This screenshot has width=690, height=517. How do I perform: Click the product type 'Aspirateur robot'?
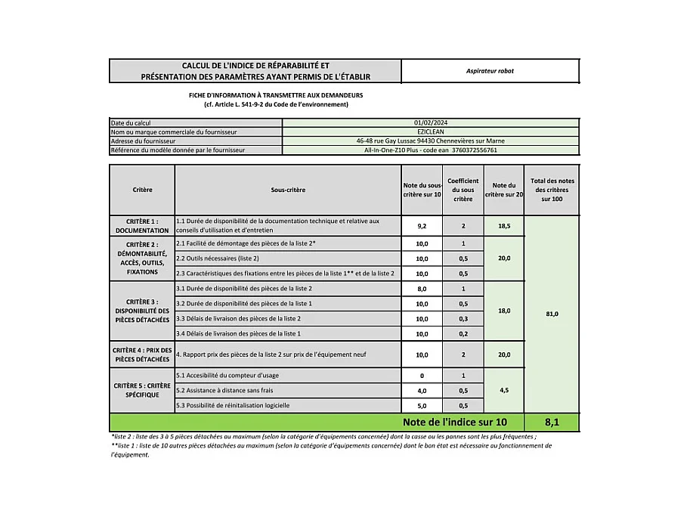(490, 71)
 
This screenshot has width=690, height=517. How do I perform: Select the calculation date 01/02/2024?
(430, 122)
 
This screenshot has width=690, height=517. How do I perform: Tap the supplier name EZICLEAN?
(430, 132)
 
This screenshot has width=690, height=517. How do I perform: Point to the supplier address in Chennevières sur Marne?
(430, 141)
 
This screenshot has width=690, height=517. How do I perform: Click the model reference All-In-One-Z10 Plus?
(430, 150)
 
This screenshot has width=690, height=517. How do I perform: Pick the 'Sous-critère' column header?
(288, 190)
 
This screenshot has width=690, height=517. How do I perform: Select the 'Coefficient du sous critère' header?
(463, 190)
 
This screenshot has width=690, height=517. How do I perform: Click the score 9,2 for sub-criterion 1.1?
(422, 225)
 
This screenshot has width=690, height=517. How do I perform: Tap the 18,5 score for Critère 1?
(504, 225)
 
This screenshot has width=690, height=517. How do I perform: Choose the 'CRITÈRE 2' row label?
(142, 258)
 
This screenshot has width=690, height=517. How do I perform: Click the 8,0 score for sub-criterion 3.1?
(422, 289)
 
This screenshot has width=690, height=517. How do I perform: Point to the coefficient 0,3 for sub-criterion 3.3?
(463, 318)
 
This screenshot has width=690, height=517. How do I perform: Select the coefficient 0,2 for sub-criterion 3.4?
(463, 333)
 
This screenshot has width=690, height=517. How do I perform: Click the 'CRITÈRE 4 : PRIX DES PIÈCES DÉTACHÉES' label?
(142, 354)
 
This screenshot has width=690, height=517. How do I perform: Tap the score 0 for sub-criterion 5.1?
(422, 376)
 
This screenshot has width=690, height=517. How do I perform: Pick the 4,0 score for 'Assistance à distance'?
(422, 391)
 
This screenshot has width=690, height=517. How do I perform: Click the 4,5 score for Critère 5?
(504, 391)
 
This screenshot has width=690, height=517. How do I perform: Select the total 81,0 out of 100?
(552, 314)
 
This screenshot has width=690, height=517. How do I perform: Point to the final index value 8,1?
(552, 422)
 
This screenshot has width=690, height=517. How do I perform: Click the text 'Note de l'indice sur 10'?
(450, 422)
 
